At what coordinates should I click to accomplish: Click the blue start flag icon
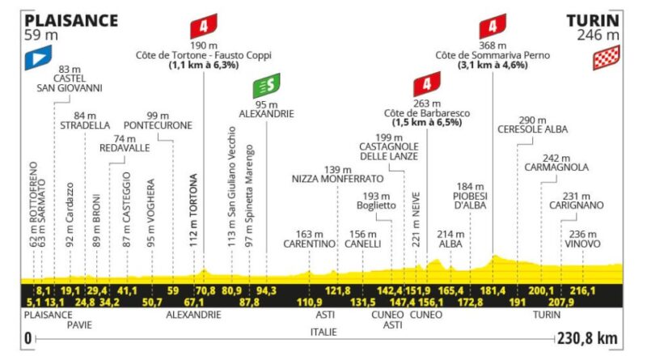pyautogui.click(x=38, y=57)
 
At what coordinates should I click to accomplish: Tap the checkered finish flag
pyautogui.click(x=606, y=57)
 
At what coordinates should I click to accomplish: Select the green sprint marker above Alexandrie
pyautogui.click(x=267, y=86)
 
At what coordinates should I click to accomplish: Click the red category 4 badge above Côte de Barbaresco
pyautogui.click(x=427, y=84)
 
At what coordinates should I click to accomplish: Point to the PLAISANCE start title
pyautogui.click(x=71, y=21)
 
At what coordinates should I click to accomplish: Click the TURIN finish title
pyautogui.click(x=593, y=21)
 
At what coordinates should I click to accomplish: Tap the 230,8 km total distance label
pyautogui.click(x=587, y=338)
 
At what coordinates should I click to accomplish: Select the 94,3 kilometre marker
pyautogui.click(x=266, y=290)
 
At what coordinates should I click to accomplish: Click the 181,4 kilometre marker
pyautogui.click(x=493, y=290)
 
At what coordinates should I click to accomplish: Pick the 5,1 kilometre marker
pyautogui.click(x=34, y=303)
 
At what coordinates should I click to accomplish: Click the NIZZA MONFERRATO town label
pyautogui.click(x=337, y=179)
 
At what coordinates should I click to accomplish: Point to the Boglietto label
pyautogui.click(x=376, y=205)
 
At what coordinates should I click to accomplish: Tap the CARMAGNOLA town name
pyautogui.click(x=556, y=167)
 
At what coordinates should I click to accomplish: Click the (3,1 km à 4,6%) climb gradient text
pyautogui.click(x=493, y=65)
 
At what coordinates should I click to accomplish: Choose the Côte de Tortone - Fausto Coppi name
pyautogui.click(x=204, y=55)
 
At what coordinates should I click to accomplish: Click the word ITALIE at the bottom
pyautogui.click(x=323, y=332)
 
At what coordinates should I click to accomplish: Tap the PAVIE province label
pyautogui.click(x=79, y=325)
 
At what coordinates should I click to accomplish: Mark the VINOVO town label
pyautogui.click(x=582, y=244)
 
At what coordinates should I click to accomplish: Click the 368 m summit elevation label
pyautogui.click(x=493, y=45)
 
